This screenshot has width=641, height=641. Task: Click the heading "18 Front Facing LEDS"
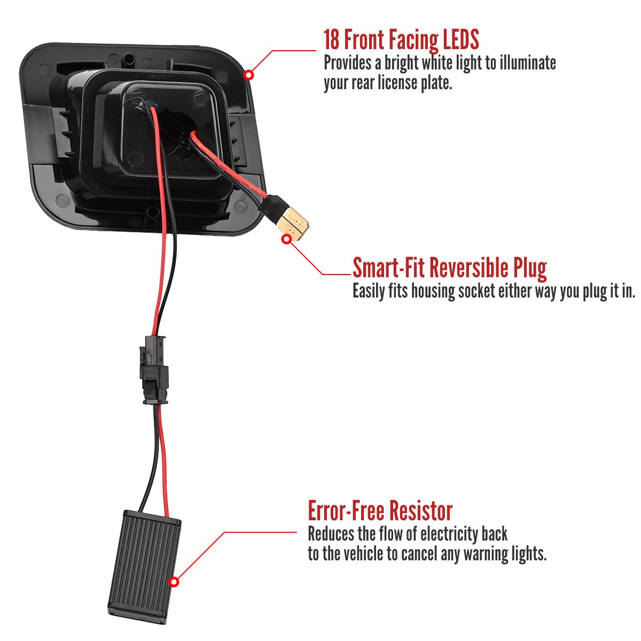pos(401,40)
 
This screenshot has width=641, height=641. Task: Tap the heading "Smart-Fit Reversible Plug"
pos(449,268)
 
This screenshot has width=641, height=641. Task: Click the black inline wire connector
pos(154,370)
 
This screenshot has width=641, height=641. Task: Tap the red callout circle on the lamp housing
pos(248,75)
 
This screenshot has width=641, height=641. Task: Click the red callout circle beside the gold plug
pos(286,239)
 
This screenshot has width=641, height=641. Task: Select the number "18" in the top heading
pos(331,40)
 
